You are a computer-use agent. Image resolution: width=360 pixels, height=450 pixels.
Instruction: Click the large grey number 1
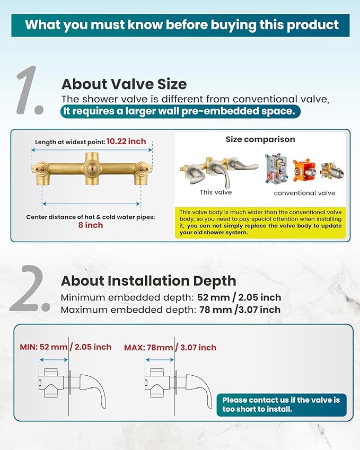click(30, 90)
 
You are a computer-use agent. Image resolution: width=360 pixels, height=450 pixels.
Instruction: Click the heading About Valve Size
click(124, 84)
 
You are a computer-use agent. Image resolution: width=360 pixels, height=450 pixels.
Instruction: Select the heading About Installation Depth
click(148, 280)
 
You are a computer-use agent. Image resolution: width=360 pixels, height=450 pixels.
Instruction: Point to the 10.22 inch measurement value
click(126, 142)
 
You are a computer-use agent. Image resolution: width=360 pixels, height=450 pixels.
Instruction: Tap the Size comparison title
click(260, 139)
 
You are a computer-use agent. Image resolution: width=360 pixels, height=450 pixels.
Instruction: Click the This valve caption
click(216, 192)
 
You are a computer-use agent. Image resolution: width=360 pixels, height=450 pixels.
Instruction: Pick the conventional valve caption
click(304, 193)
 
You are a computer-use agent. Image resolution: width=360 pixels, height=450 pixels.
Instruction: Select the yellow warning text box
click(260, 222)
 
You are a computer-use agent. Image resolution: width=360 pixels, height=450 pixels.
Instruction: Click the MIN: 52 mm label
click(43, 347)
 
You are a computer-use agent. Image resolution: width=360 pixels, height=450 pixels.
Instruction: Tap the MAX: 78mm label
click(148, 348)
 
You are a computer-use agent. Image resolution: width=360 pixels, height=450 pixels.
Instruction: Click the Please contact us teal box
click(281, 404)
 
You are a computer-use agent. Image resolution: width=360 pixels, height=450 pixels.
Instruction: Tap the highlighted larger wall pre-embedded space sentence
click(180, 111)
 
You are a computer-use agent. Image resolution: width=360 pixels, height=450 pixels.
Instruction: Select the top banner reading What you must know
click(180, 24)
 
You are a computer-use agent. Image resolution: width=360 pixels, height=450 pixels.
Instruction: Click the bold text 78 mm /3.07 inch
click(239, 310)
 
